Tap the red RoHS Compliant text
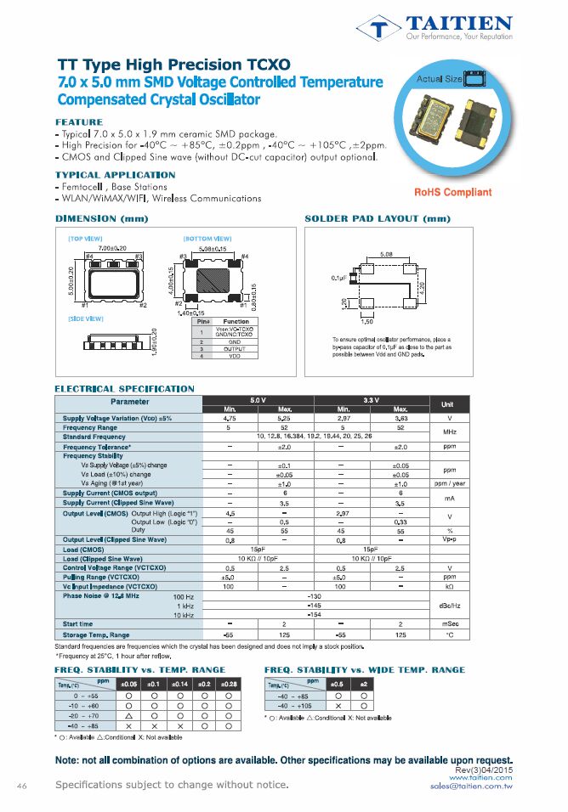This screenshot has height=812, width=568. (452, 193)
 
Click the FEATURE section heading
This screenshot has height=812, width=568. (78, 122)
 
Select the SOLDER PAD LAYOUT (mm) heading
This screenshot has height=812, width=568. (377, 220)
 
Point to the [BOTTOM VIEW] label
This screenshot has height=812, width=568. (207, 239)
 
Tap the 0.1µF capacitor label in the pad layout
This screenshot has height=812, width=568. (338, 278)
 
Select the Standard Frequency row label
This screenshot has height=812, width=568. (94, 437)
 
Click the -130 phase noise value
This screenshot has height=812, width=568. (314, 596)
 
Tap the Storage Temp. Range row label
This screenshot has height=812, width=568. (96, 634)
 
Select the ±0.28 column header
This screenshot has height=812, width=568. (229, 684)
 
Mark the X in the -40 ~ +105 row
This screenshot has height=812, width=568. (338, 706)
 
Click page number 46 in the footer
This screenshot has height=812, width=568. (23, 786)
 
